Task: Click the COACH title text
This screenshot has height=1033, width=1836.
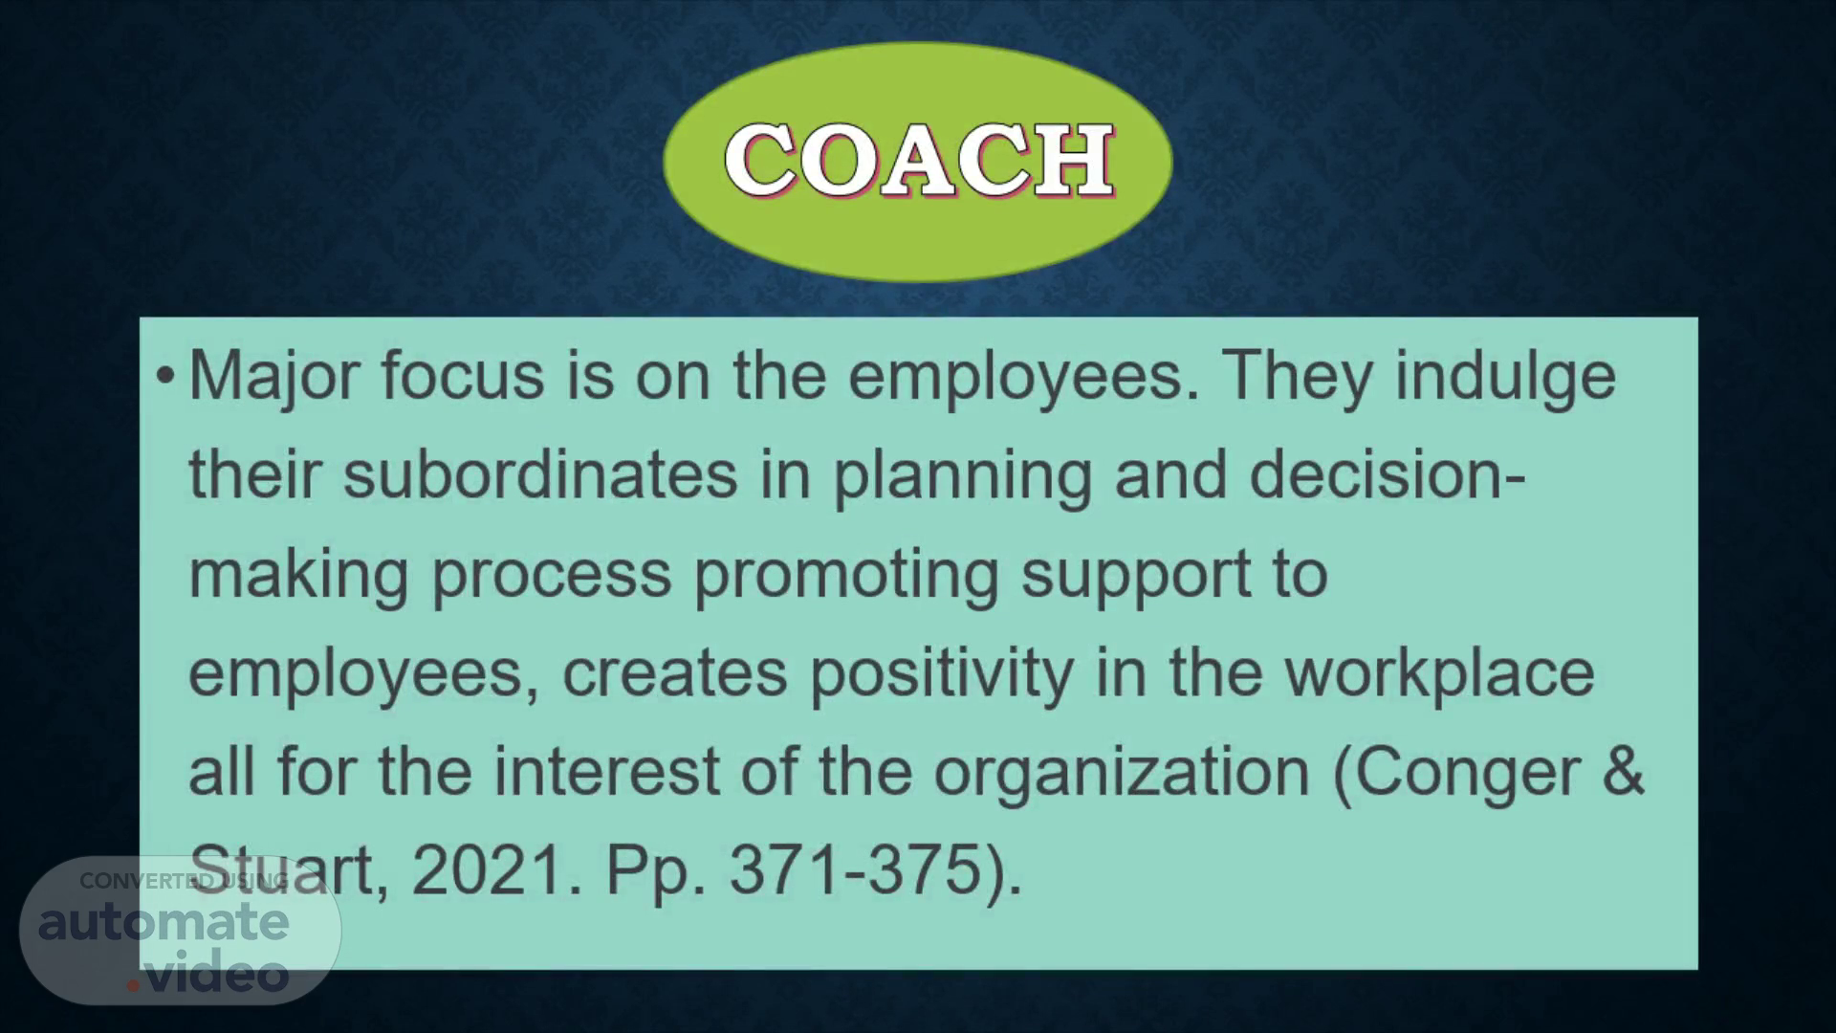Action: [x=919, y=160]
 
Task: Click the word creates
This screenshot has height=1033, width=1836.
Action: [x=675, y=674]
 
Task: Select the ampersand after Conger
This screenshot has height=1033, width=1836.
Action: [x=1624, y=771]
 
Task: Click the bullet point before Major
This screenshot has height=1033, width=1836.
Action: [x=165, y=376]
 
